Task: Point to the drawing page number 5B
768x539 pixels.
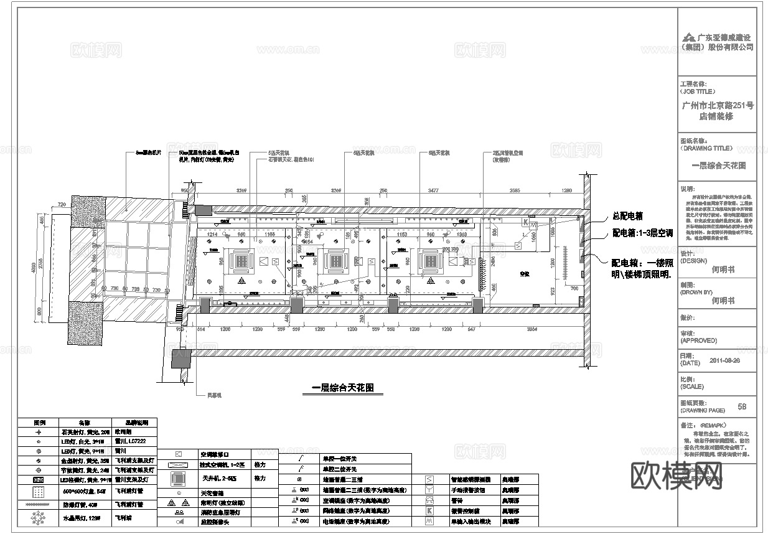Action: pos(741,406)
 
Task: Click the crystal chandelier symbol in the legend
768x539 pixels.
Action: pos(39,518)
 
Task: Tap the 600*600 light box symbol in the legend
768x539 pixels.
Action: pos(39,492)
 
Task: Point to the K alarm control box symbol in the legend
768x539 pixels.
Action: pos(429,511)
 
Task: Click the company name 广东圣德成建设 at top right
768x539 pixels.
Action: pos(724,37)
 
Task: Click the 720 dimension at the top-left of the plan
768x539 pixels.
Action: pos(61,204)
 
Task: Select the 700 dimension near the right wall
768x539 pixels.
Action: pos(573,289)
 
